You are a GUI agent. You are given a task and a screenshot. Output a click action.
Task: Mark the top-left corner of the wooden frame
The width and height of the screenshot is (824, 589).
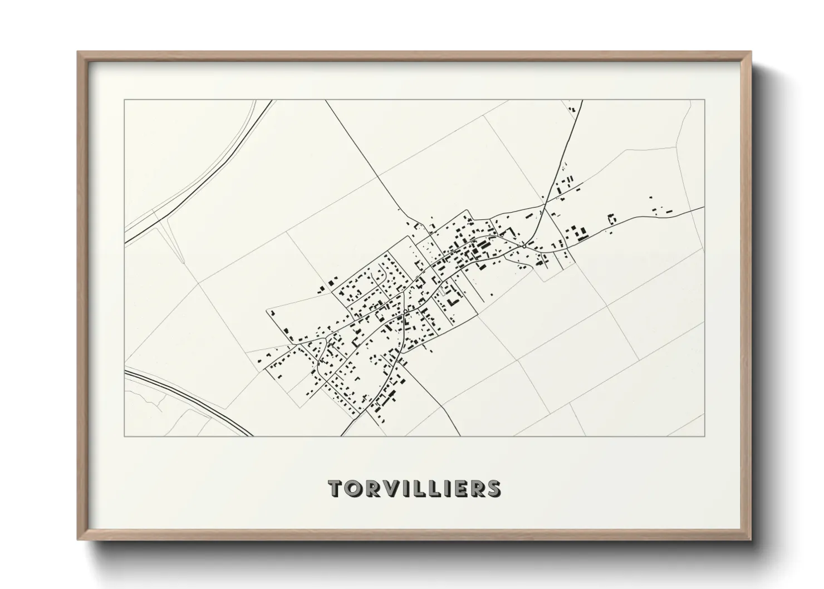78,52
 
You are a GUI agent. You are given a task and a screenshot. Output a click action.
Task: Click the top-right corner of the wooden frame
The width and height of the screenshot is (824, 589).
751,52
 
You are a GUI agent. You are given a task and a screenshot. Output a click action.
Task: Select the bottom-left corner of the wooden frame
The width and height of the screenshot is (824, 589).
78,539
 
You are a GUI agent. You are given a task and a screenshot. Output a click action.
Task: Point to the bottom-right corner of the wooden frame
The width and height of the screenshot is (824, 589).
751,539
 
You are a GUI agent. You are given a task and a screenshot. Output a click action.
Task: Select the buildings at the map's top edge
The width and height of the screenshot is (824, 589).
572,108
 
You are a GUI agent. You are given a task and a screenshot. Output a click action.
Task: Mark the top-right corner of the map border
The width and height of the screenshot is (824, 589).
705,100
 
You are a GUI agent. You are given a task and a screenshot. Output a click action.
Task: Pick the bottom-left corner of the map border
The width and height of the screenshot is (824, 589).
124,436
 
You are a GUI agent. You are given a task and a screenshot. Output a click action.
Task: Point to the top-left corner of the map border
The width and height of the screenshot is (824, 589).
124,100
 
